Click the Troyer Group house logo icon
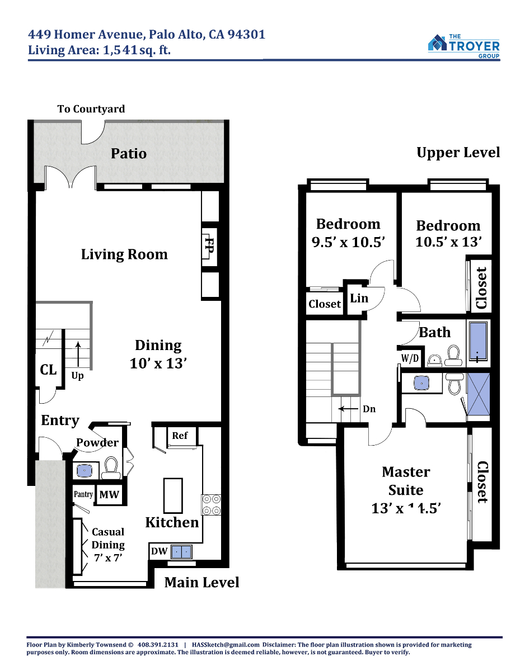[x=437, y=42]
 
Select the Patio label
[x=129, y=153]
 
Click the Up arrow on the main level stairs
[x=78, y=354]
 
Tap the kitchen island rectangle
[x=173, y=495]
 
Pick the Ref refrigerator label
[x=180, y=436]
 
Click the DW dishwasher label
[x=159, y=551]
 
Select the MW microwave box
[x=109, y=495]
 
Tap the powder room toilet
[x=111, y=468]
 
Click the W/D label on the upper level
[x=410, y=358]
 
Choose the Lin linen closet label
[x=359, y=298]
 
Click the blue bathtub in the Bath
[x=478, y=342]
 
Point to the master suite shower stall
[x=479, y=394]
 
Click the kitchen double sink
[x=181, y=552]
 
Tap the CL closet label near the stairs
[x=48, y=370]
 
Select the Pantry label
[x=83, y=494]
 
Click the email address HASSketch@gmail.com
[x=226, y=645]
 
